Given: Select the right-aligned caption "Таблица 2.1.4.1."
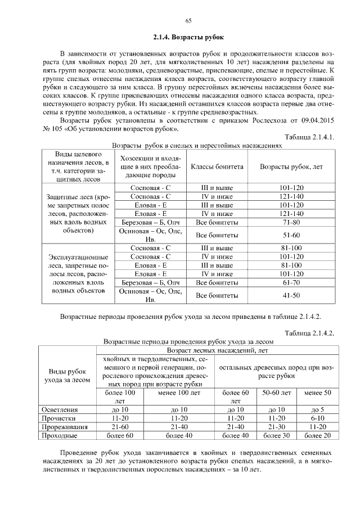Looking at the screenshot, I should coord(310,137).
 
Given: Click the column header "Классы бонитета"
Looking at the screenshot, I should coord(217,167).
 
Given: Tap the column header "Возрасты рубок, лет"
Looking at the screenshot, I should coord(291,167).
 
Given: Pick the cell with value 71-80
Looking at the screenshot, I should coord(291,223).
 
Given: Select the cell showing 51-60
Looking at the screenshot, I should coord(291,235).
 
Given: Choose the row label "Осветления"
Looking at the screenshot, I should coord(60,410).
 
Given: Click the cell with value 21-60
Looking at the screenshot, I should coord(121,427).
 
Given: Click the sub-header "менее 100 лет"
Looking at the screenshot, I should coord(179,393).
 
